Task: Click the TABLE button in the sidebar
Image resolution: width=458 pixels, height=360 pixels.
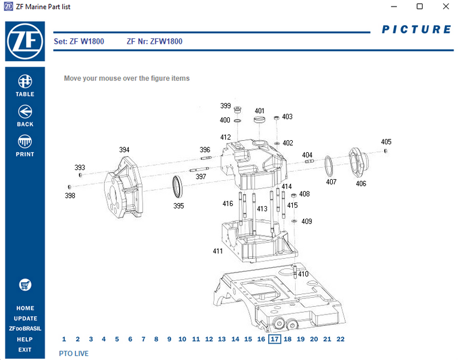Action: click(25, 86)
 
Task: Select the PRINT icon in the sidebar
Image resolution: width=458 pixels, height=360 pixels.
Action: click(25, 146)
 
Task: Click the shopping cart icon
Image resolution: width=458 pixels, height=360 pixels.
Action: click(25, 285)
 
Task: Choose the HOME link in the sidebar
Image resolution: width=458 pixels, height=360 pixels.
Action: click(25, 308)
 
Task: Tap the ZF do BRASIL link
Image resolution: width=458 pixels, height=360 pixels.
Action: click(25, 329)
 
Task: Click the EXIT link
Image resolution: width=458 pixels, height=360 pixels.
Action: click(25, 350)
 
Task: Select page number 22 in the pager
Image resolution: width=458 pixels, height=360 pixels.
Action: click(341, 339)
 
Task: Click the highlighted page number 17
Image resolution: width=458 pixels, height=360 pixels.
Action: click(274, 339)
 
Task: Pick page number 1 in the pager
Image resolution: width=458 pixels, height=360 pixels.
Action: click(64, 339)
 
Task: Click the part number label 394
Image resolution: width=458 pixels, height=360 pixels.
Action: click(124, 150)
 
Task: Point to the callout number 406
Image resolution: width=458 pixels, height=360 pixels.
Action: click(361, 184)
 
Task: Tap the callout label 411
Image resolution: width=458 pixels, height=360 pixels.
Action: click(218, 250)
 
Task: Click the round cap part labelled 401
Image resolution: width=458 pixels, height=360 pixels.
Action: click(259, 120)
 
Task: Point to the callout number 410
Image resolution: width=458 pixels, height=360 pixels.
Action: click(303, 274)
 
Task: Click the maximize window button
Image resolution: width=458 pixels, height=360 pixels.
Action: click(419, 7)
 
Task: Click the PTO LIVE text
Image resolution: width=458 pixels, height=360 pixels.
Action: click(74, 353)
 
